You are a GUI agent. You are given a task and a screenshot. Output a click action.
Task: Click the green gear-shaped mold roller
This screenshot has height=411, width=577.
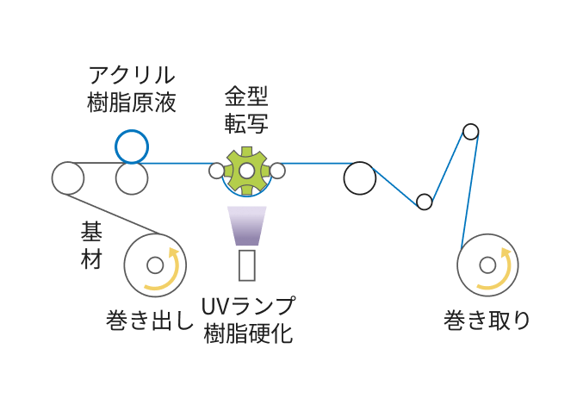click(x=246, y=171)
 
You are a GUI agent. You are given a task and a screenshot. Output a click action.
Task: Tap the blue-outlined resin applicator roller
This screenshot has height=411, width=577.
click(x=132, y=146)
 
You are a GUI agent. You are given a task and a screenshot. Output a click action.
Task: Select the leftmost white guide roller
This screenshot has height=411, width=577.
click(x=67, y=178)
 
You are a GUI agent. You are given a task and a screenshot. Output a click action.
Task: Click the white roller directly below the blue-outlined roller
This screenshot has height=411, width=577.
click(x=132, y=178)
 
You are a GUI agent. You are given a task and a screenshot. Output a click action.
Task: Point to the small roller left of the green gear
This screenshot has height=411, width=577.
click(x=216, y=171)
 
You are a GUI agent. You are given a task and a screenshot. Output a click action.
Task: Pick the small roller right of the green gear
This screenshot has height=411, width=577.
click(x=277, y=171)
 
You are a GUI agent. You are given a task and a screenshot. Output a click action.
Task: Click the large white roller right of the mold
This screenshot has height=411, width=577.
click(x=360, y=178)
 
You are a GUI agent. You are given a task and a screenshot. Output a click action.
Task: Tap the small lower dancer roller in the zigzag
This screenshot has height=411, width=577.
click(x=424, y=202)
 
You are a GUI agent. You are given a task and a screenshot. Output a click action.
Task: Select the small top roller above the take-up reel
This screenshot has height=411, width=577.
click(x=470, y=132)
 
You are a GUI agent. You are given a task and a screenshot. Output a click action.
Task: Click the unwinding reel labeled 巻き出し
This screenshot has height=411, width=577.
click(x=155, y=265)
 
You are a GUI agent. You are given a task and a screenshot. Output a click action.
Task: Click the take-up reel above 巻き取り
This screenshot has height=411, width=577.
click(x=487, y=265)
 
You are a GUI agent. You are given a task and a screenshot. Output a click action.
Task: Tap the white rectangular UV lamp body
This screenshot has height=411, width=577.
click(x=247, y=265)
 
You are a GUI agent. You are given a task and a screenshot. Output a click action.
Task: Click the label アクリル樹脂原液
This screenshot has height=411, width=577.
click(x=132, y=90)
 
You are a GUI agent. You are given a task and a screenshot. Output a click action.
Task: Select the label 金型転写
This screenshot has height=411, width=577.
click(x=246, y=109)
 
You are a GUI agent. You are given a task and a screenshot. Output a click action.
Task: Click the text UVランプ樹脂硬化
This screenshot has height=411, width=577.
click(x=248, y=320)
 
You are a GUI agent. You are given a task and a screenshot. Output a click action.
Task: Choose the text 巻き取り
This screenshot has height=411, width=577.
click(x=487, y=321)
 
